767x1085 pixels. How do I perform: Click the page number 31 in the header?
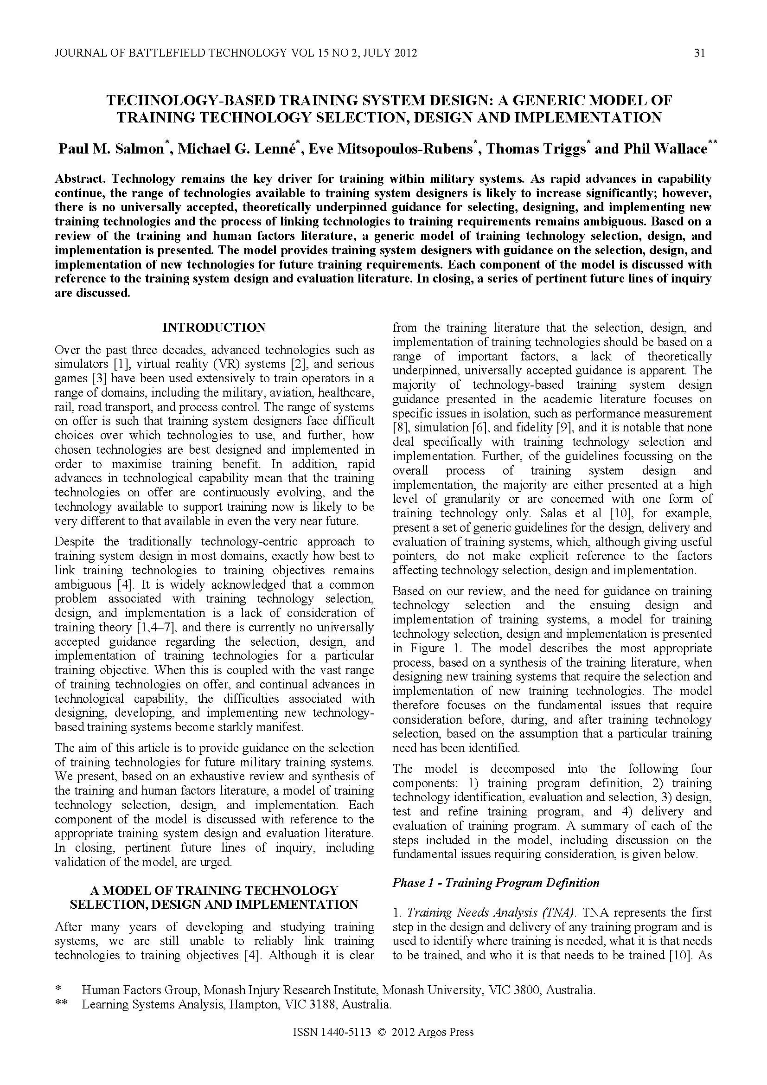(699, 53)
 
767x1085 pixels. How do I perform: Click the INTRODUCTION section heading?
(214, 327)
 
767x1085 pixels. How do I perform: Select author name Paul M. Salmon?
(110, 149)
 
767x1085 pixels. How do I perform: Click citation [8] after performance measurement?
(400, 428)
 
